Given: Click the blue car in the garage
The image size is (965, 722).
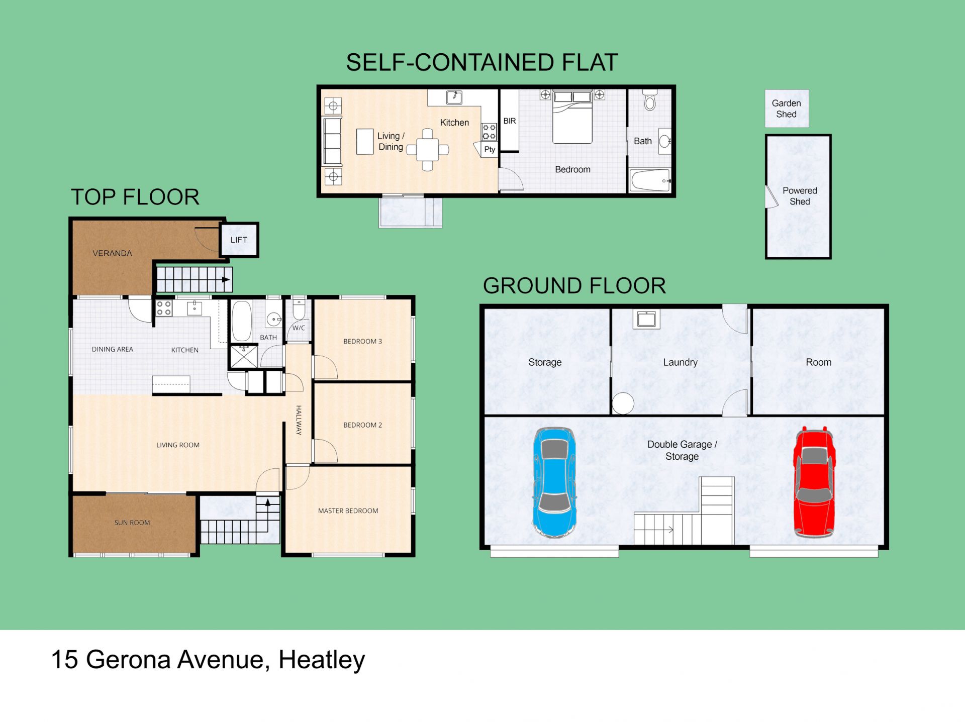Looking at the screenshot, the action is click(x=554, y=482).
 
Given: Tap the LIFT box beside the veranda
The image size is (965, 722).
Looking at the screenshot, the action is click(x=239, y=240).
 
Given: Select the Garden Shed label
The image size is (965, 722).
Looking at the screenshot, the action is click(x=787, y=109).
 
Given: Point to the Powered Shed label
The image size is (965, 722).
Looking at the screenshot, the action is click(x=800, y=196).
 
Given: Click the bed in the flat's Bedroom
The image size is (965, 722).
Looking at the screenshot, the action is click(x=572, y=117).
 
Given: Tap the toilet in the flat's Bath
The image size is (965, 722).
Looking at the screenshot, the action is click(x=650, y=100).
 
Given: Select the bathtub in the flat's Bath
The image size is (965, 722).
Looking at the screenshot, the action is click(x=650, y=180).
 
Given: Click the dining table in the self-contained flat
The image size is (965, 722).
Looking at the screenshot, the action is click(x=427, y=149).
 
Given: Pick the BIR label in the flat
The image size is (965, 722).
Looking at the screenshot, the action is click(x=510, y=121).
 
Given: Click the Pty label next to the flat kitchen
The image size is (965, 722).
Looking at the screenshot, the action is click(x=490, y=149).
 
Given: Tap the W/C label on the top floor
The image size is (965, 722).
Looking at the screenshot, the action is click(x=299, y=328).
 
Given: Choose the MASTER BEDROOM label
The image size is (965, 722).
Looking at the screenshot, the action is click(x=348, y=510).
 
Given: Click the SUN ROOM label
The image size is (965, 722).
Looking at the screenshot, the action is click(x=132, y=523).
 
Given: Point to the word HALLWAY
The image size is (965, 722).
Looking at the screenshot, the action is click(x=299, y=420).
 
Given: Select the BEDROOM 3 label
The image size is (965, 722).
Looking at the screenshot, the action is click(x=362, y=341).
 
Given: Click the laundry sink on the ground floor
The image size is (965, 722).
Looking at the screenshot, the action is click(x=646, y=319).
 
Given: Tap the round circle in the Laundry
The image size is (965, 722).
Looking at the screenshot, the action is click(x=623, y=403).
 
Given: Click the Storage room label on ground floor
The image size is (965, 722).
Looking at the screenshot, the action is click(x=545, y=362).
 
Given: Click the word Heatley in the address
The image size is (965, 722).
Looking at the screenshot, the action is click(x=322, y=660).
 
